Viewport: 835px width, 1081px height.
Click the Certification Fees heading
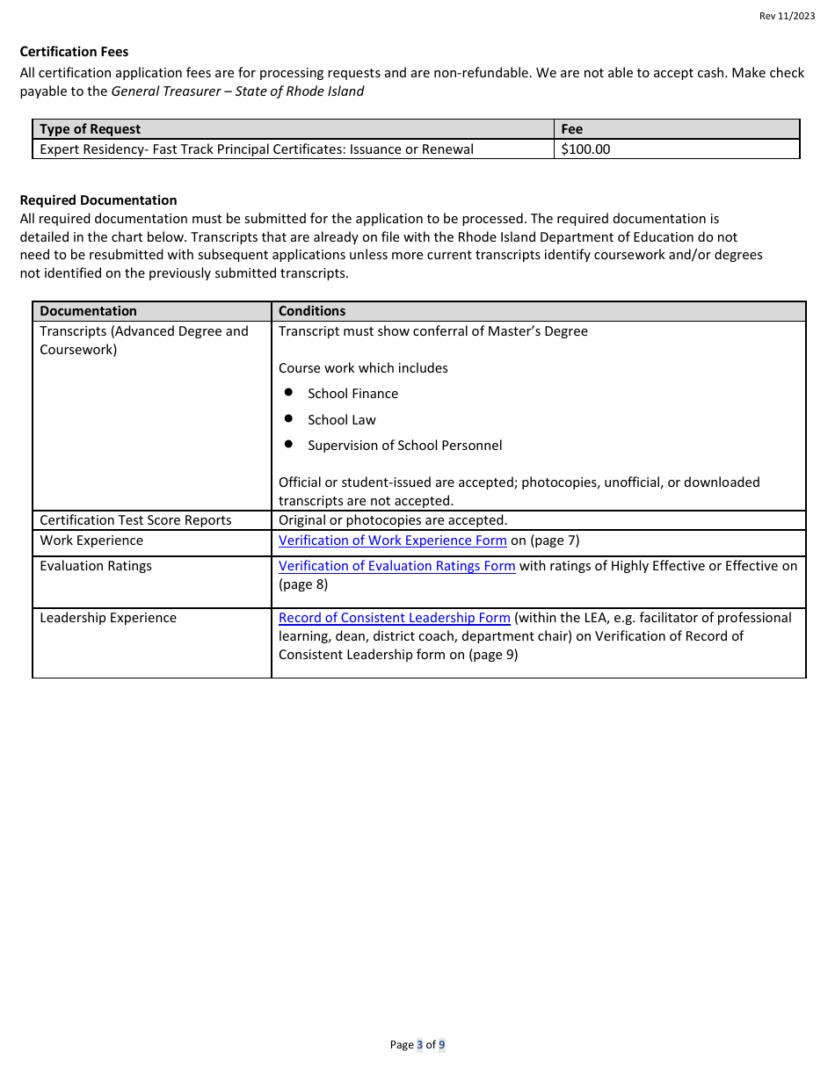click(74, 52)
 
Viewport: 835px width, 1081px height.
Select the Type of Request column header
click(90, 129)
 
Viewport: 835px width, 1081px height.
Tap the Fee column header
click(571, 129)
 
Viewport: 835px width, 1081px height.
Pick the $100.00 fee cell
click(585, 149)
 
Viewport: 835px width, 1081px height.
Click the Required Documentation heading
click(98, 200)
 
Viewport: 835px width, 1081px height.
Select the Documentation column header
click(88, 311)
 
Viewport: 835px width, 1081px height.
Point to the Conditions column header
click(312, 311)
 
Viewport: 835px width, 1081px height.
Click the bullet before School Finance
click(288, 393)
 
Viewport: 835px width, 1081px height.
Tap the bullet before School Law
click(288, 419)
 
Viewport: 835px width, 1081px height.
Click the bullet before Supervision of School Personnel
click(288, 445)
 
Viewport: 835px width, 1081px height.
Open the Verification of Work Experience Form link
click(392, 540)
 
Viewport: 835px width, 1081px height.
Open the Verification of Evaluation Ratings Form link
click(396, 566)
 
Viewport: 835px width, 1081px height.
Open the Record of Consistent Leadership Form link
click(394, 618)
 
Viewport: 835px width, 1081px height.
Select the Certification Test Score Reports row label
click(135, 520)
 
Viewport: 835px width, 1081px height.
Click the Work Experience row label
click(91, 540)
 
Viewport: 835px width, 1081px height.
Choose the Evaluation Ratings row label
click(96, 566)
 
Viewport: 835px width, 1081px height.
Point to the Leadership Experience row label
click(108, 618)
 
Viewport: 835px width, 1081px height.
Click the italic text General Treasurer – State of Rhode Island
click(237, 91)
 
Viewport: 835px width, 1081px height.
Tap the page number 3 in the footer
click(419, 1045)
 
